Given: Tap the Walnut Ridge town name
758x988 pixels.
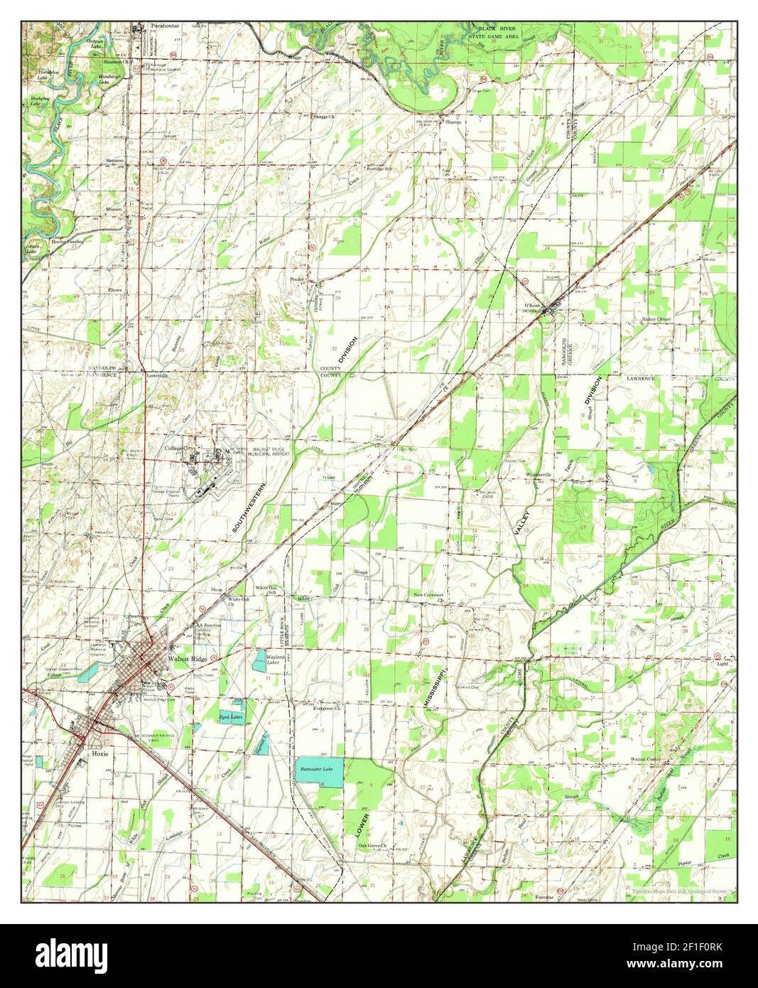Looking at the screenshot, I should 185,658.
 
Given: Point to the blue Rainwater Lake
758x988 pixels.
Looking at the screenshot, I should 319,772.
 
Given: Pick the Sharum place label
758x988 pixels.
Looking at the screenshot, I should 454,122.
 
